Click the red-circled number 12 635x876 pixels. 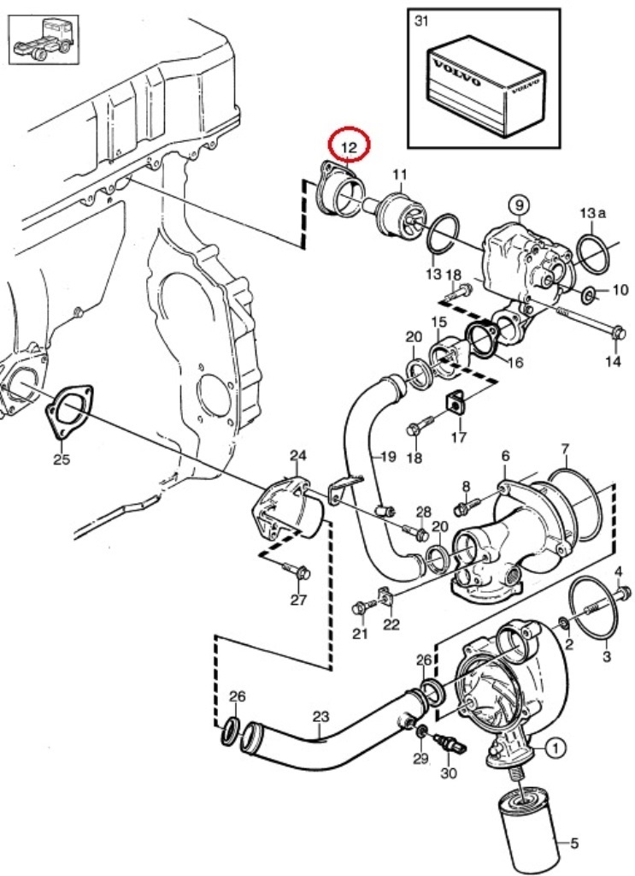[x=349, y=147]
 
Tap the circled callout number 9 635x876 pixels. [x=519, y=205]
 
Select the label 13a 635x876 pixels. [x=591, y=213]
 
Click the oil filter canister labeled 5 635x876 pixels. [x=529, y=828]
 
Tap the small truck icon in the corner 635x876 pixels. [x=44, y=39]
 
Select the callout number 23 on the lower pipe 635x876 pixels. [x=320, y=716]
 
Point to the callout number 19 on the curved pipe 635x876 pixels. [x=388, y=457]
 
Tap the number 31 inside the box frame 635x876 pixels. [x=422, y=21]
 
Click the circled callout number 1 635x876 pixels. [x=555, y=748]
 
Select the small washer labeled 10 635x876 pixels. [x=588, y=294]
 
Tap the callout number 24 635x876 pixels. [x=298, y=456]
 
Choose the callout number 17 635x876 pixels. [x=459, y=436]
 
